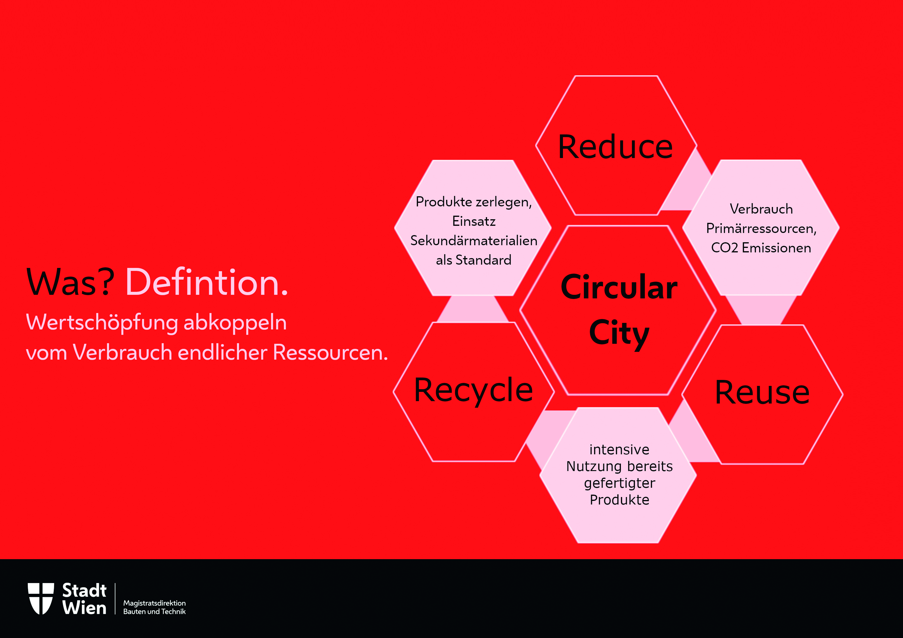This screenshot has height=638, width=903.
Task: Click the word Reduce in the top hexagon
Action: click(x=616, y=147)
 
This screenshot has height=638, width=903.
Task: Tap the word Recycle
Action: click(x=474, y=391)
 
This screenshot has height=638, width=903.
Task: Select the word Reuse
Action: click(x=762, y=392)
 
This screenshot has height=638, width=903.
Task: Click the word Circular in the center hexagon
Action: click(x=619, y=287)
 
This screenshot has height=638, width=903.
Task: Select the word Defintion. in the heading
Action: click(x=207, y=282)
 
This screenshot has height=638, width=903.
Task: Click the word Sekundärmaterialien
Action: click(x=474, y=240)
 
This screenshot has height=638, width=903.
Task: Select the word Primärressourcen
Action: click(x=761, y=229)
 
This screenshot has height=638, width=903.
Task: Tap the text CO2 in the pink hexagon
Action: click(x=724, y=248)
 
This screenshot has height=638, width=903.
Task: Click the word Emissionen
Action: click(x=776, y=248)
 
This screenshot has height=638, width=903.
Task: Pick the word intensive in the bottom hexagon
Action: click(x=619, y=449)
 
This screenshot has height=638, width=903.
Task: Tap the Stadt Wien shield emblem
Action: click(x=41, y=599)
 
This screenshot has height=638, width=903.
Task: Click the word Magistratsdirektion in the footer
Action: click(x=154, y=603)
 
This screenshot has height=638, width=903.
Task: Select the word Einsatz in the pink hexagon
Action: click(x=474, y=221)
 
